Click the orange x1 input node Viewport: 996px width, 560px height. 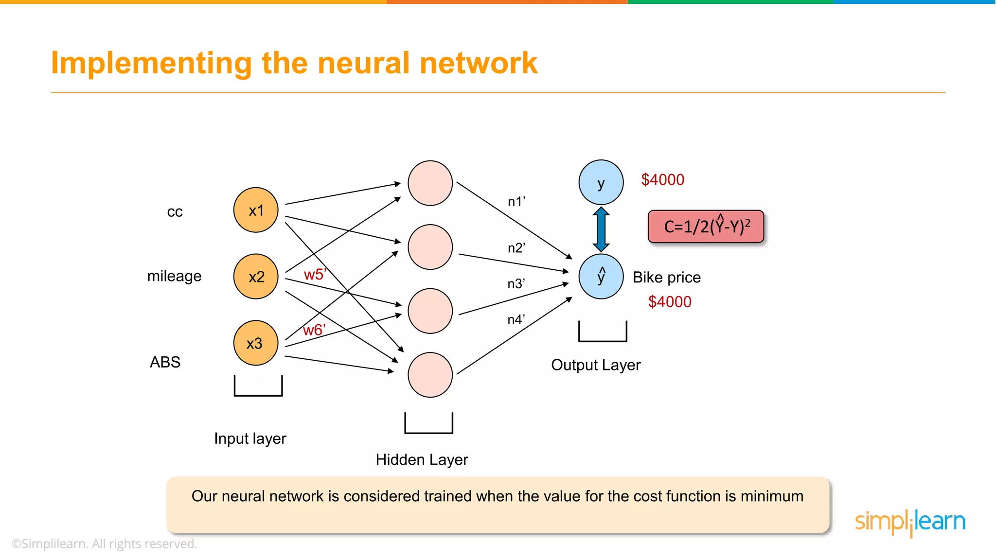pyautogui.click(x=256, y=210)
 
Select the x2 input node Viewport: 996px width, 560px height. pyautogui.click(x=256, y=277)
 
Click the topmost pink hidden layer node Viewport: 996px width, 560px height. pyautogui.click(x=430, y=183)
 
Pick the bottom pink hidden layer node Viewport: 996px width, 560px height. pyautogui.click(x=430, y=375)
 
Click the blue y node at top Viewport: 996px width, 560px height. pyautogui.click(x=601, y=183)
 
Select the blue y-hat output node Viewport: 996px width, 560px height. pyautogui.click(x=601, y=277)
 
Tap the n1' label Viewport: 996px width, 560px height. pyautogui.click(x=516, y=202)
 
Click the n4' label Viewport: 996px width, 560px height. pyautogui.click(x=516, y=320)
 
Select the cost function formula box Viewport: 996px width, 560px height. pyautogui.click(x=706, y=227)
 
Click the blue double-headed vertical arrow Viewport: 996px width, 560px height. pyautogui.click(x=601, y=229)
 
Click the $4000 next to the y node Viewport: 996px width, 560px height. pyautogui.click(x=662, y=180)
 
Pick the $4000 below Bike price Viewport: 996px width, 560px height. pyautogui.click(x=670, y=302)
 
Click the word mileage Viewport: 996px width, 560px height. pyautogui.click(x=174, y=276)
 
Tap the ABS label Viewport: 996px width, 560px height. pyautogui.click(x=165, y=362)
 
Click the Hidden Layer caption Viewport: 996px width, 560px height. pyautogui.click(x=422, y=460)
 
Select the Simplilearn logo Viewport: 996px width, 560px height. pyautogui.click(x=910, y=522)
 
